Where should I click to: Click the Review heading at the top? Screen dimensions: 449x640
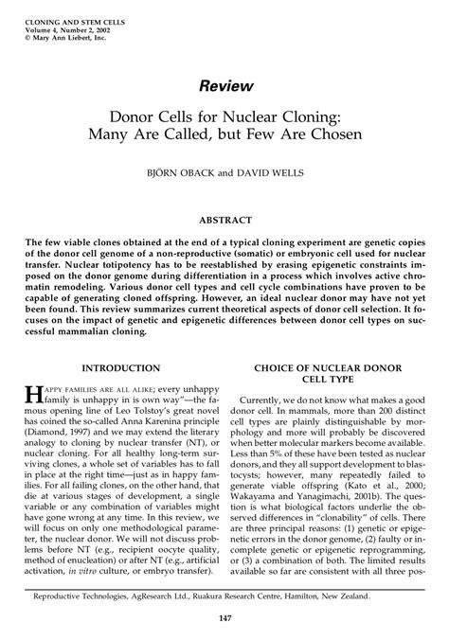[224, 86]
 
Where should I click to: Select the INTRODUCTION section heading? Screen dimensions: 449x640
[118, 339]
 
